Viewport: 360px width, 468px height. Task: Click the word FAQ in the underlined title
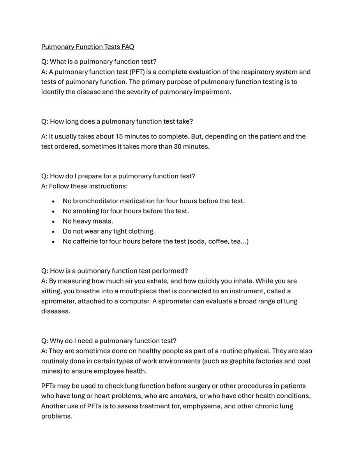(127, 47)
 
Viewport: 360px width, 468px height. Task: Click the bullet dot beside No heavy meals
(53, 222)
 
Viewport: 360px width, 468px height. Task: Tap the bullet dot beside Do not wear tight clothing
(53, 232)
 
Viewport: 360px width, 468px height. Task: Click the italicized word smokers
(184, 396)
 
